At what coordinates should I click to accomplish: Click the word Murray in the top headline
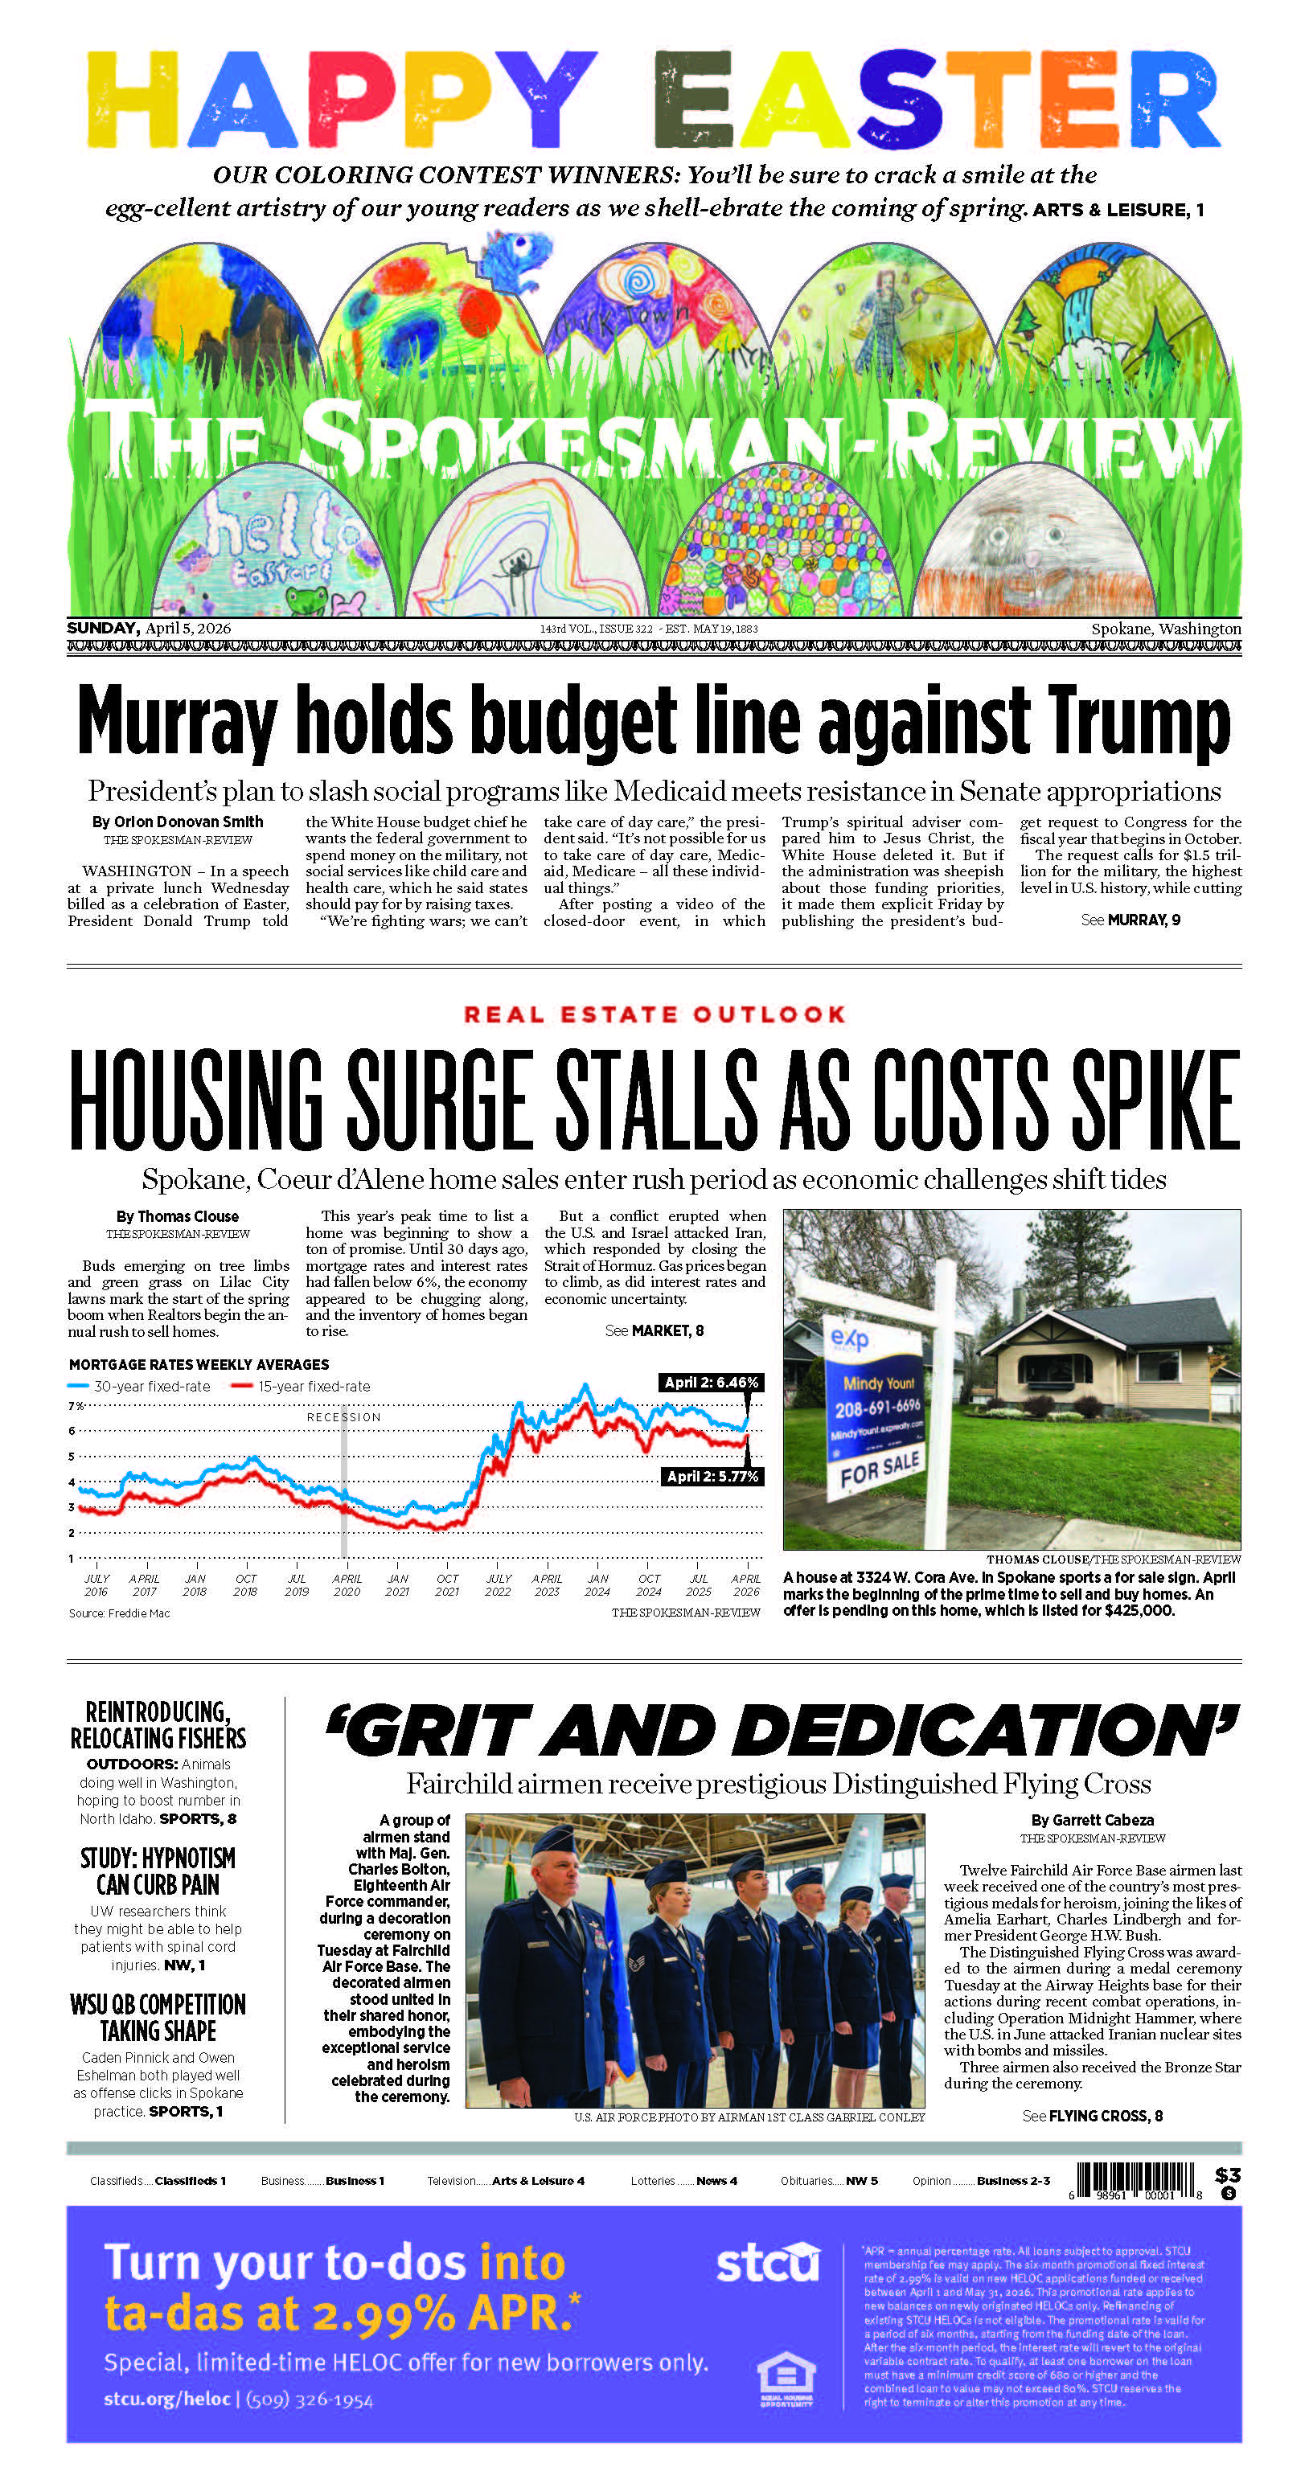pos(176,721)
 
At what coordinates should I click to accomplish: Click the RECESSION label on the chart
pos(343,1417)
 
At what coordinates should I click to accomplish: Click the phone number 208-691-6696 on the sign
pos(877,1407)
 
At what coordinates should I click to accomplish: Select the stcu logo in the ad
pos(767,2263)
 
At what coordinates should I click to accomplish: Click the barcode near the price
pos(1136,2179)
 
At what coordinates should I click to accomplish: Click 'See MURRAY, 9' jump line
pos(1130,920)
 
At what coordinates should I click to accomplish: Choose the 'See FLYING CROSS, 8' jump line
pos(1091,2116)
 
